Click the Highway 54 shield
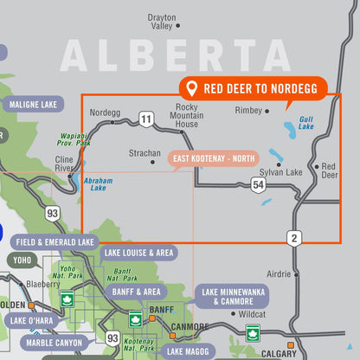pos(257,184)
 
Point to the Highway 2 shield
pos(295,237)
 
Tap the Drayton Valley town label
pos(162,22)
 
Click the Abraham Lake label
pos(99,183)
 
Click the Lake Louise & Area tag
pos(138,254)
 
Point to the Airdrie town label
pos(279,273)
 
